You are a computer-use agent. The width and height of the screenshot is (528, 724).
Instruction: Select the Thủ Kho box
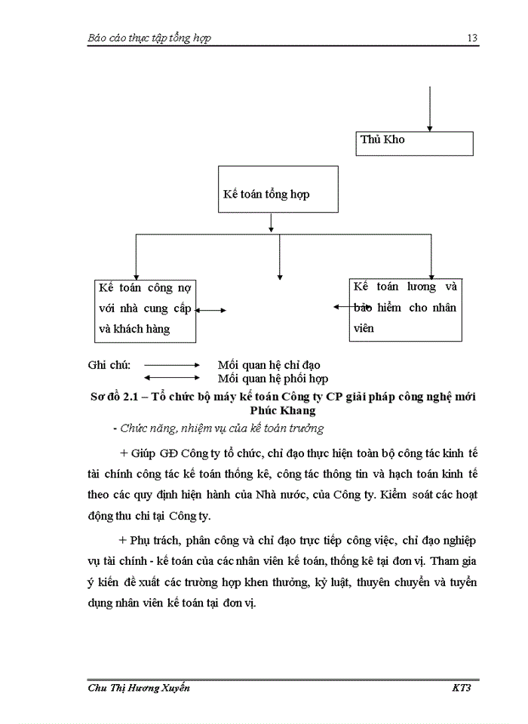click(x=414, y=143)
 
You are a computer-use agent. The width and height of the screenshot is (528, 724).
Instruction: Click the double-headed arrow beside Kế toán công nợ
click(x=211, y=309)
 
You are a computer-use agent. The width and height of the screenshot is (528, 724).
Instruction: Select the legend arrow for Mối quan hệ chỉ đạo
click(x=170, y=365)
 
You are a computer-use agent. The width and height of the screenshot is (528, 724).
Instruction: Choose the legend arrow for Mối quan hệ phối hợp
click(x=170, y=378)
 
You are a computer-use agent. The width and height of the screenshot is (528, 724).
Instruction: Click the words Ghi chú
click(x=109, y=365)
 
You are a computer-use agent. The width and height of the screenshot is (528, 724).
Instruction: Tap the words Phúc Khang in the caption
click(x=282, y=411)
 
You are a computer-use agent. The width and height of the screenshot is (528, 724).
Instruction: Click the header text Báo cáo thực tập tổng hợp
click(x=149, y=38)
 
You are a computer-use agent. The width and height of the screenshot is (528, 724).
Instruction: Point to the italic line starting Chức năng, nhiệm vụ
click(x=217, y=428)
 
